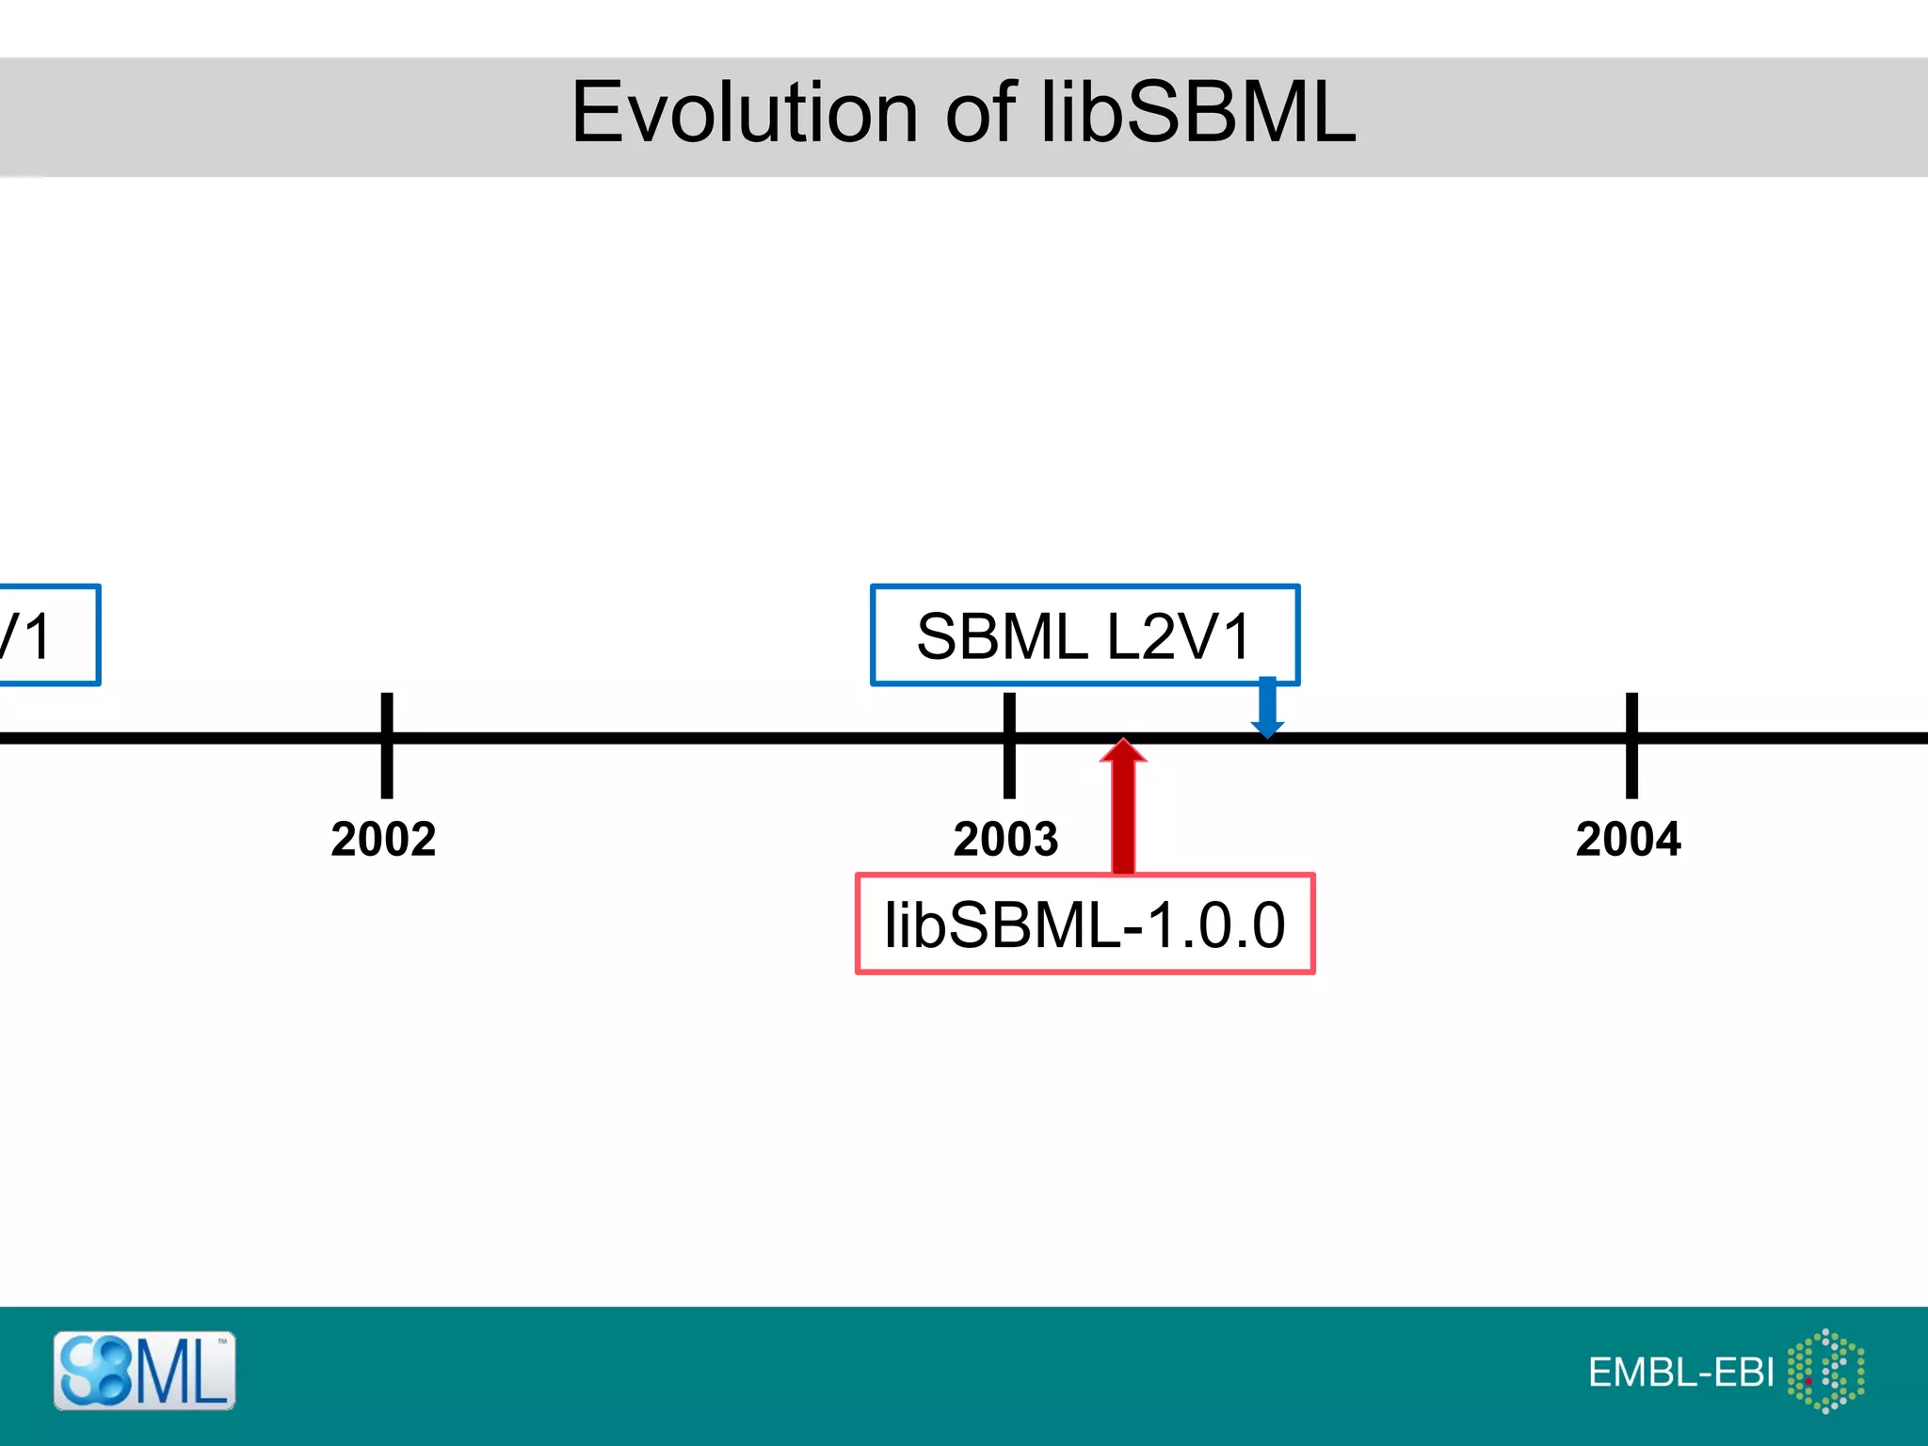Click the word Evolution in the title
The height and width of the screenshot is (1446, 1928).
(x=744, y=113)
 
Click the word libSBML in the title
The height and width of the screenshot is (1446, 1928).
(x=1197, y=113)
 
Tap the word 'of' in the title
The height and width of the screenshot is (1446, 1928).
(x=980, y=113)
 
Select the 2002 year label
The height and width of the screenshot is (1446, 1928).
(x=383, y=839)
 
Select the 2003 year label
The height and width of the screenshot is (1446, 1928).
(x=1005, y=839)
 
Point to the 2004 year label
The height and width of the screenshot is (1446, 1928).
(x=1628, y=839)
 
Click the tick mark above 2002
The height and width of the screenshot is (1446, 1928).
(x=387, y=745)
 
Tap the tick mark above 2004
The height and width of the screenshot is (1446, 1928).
(x=1631, y=745)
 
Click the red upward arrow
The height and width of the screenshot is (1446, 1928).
(x=1123, y=810)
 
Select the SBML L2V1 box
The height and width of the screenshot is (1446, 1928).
(x=1084, y=635)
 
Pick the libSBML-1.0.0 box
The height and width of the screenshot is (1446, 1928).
(x=1084, y=924)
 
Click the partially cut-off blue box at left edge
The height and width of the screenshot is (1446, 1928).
(x=47, y=635)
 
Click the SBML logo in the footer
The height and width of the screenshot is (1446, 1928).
(x=144, y=1371)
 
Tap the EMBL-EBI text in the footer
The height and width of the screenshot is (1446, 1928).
(x=1680, y=1373)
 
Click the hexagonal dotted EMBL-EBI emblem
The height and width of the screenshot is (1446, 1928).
(x=1825, y=1371)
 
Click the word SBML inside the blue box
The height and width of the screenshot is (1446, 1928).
(x=1002, y=636)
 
